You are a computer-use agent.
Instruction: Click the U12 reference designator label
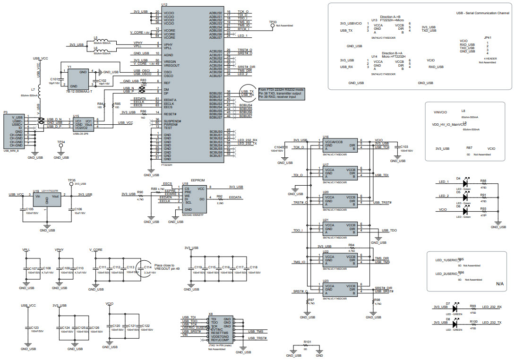pyautogui.click(x=164, y=4)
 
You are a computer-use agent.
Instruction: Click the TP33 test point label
pyautogui.click(x=273, y=22)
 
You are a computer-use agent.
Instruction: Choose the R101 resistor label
pyautogui.click(x=307, y=341)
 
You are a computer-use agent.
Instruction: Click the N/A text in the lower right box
pyautogui.click(x=500, y=284)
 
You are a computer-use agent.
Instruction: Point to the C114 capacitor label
pyautogui.click(x=148, y=267)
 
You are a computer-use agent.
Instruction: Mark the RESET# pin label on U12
pyautogui.click(x=170, y=114)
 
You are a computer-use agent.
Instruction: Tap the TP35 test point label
pyautogui.click(x=72, y=180)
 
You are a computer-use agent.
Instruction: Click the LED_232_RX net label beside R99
pyautogui.click(x=492, y=307)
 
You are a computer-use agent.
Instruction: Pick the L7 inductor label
pyautogui.click(x=33, y=89)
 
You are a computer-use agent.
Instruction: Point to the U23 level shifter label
pyautogui.click(x=326, y=281)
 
